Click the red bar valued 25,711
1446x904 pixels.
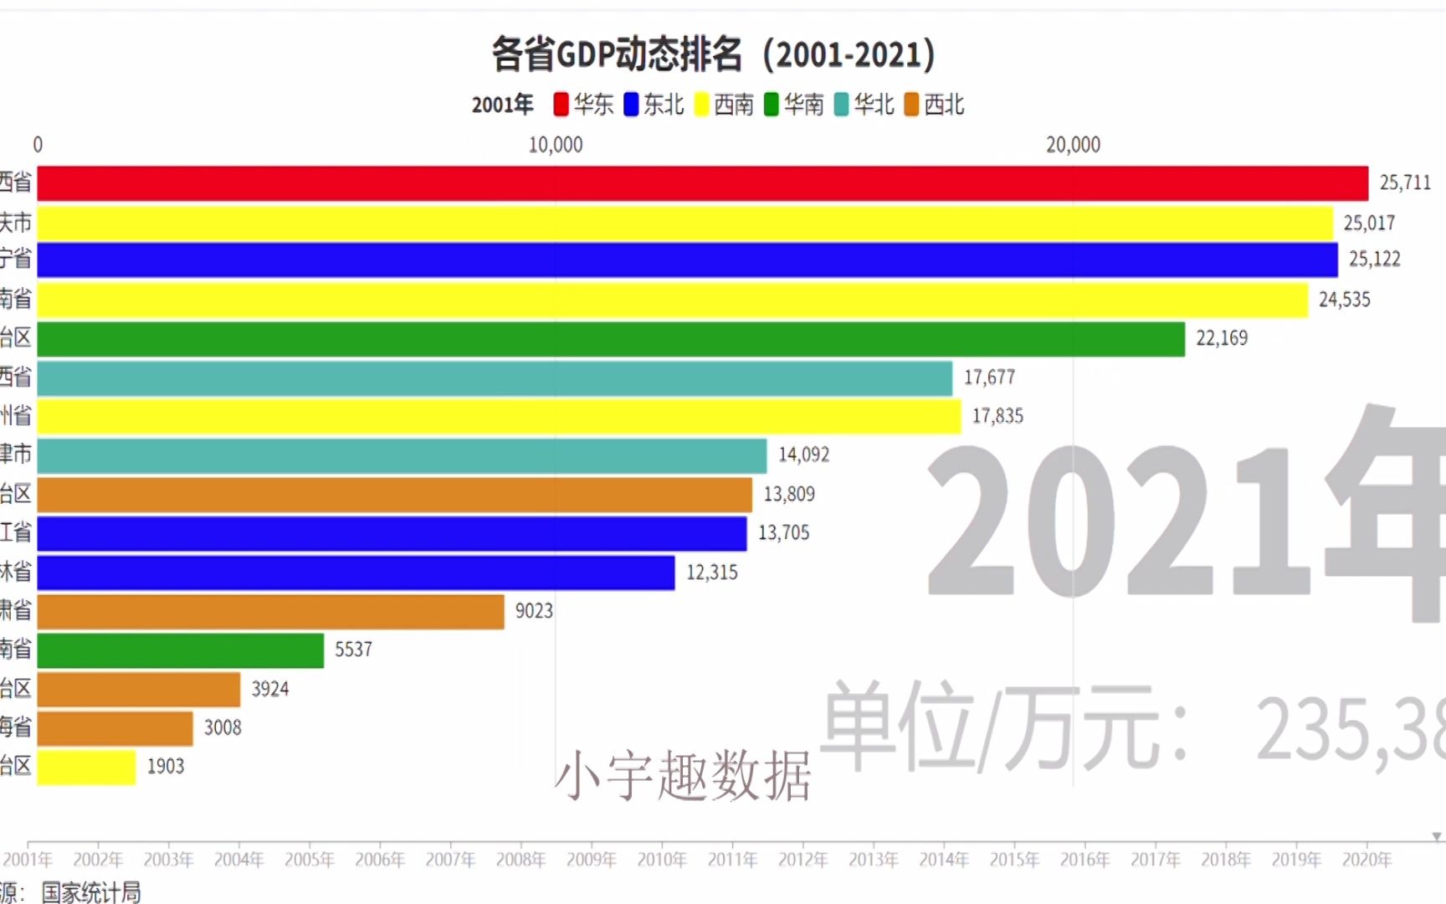703,183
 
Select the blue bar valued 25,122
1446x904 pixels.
686,260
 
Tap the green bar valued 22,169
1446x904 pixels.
611,339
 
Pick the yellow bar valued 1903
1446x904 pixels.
86,767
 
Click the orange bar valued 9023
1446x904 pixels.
270,612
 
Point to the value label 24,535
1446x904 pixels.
1344,300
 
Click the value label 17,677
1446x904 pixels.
989,378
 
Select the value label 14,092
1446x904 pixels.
803,455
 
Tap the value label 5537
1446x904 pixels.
353,650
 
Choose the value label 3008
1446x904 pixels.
223,728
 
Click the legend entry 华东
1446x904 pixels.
584,105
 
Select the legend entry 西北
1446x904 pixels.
935,105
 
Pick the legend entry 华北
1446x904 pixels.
864,105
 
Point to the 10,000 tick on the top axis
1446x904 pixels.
556,146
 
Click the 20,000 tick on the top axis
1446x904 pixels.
1073,146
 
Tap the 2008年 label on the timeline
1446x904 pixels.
520,860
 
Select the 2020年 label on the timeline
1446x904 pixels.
1367,860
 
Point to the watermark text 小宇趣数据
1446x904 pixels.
683,775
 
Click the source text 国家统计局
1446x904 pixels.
91,892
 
